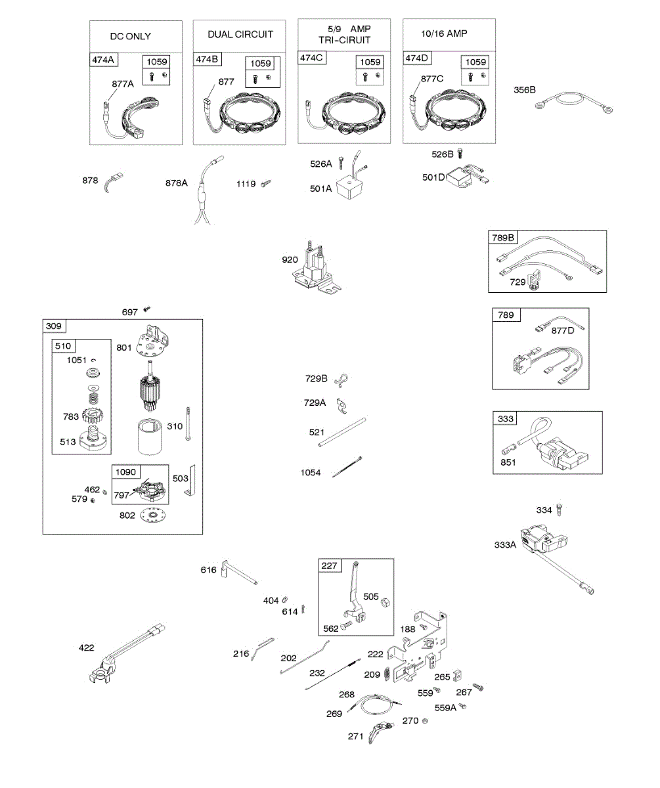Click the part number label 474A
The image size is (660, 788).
[103, 60]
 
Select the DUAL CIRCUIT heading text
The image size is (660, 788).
[240, 34]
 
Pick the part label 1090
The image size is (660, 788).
[127, 472]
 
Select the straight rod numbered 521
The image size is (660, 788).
[342, 433]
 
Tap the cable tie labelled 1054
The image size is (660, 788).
[346, 468]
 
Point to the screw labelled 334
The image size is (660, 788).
[560, 510]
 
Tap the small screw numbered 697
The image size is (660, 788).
[147, 307]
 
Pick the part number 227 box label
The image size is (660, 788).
[330, 566]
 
